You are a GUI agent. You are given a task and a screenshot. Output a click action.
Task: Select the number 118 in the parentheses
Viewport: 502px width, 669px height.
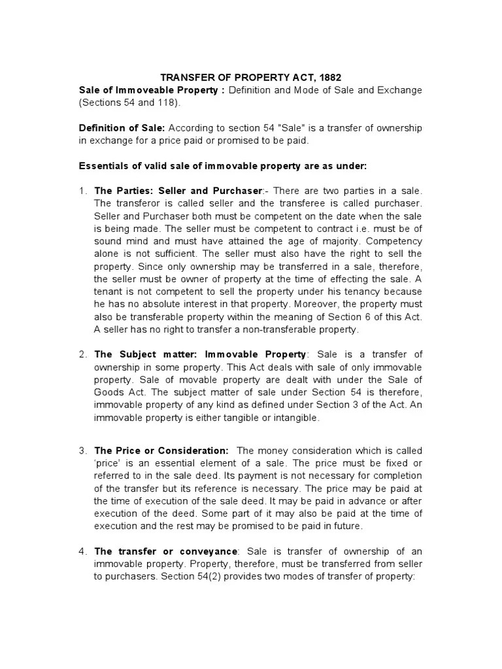155,103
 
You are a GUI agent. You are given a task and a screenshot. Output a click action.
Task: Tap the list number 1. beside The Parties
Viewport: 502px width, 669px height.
83,191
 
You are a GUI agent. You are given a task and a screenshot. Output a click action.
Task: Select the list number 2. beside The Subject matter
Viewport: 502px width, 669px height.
83,355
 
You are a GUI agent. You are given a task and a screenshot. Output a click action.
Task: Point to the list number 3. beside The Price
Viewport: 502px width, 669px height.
83,451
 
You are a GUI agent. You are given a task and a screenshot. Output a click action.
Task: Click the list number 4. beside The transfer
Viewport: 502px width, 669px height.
83,551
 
